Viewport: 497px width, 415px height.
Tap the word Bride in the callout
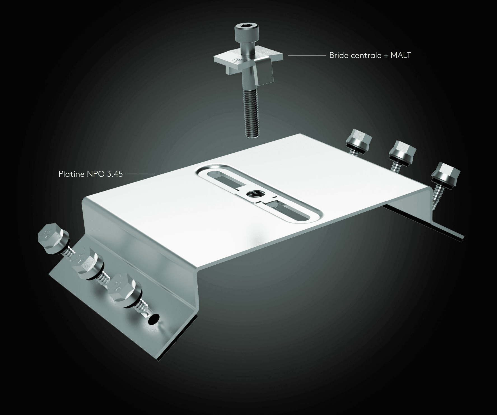[338, 55]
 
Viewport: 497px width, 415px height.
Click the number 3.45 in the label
[115, 174]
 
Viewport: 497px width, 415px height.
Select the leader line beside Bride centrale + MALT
[307, 56]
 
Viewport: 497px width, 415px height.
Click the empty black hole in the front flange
[154, 318]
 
